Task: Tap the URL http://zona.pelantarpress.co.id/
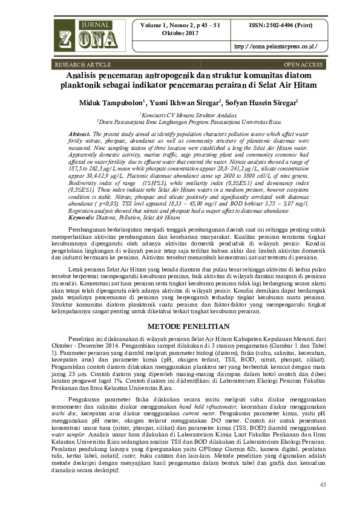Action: pyautogui.click(x=275, y=47)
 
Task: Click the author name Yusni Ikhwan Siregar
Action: pyautogui.click(x=180, y=103)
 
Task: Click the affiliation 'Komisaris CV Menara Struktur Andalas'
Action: pyautogui.click(x=180, y=114)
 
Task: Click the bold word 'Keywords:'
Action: pyautogui.click(x=83, y=216)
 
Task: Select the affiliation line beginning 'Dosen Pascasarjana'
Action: pyautogui.click(x=180, y=122)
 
